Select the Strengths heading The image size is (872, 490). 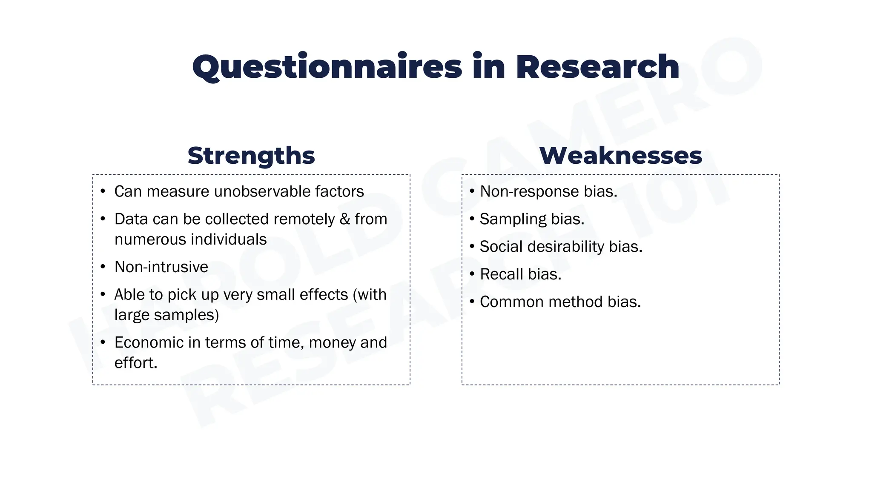[x=251, y=156]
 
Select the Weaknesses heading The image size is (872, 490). [x=620, y=156]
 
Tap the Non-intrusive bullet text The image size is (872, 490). [x=161, y=267]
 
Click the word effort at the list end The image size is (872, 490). [x=134, y=363]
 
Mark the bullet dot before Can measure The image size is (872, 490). [x=103, y=191]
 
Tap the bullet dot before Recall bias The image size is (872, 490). [x=472, y=274]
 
